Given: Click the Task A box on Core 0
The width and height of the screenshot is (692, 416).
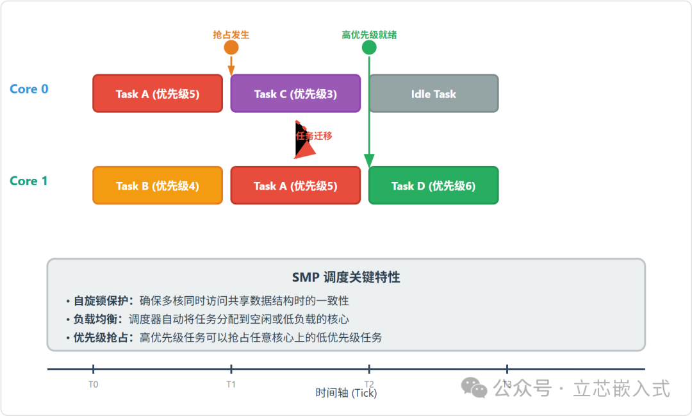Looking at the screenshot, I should [158, 94].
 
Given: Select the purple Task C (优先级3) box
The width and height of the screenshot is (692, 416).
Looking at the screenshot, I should [295, 94].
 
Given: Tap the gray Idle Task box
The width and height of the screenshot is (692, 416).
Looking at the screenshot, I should [433, 94].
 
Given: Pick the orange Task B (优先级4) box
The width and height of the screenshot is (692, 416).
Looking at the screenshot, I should [158, 186].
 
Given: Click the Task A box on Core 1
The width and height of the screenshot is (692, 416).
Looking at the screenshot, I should [295, 186].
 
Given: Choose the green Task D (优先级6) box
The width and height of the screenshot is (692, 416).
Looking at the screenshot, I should [433, 186].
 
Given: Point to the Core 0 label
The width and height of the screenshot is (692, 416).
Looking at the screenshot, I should [29, 89].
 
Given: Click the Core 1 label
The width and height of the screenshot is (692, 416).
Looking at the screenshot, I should [29, 181].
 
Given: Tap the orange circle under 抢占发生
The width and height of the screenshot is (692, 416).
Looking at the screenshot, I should [231, 47].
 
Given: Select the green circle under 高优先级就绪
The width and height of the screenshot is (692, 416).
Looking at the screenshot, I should [369, 47].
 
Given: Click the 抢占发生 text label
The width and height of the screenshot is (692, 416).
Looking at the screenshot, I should [231, 35].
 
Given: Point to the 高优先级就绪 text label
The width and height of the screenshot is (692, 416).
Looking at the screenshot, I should [369, 35].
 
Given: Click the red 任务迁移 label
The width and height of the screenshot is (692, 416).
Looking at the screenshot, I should [314, 136].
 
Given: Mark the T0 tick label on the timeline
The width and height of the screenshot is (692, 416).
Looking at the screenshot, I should [94, 385].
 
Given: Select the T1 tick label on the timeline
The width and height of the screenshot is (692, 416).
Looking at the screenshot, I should [231, 385].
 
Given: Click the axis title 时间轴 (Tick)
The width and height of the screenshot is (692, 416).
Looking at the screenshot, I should [346, 393].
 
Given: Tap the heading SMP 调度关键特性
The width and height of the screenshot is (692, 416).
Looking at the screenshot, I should [346, 277].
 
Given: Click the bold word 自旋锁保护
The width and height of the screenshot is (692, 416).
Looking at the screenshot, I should [101, 301].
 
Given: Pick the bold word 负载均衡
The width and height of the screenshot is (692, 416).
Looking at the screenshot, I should [95, 319].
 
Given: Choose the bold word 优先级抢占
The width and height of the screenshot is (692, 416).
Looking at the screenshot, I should [101, 337].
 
